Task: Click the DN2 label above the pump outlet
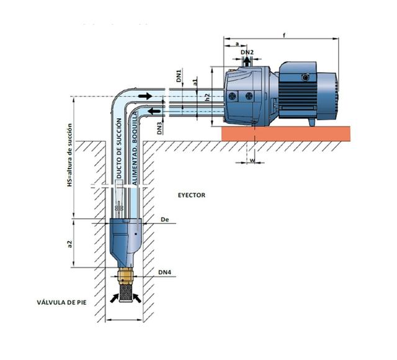point(247,53)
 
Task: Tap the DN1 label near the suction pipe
point(179,76)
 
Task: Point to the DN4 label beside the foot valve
point(165,273)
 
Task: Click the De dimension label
point(165,219)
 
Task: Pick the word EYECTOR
point(192,195)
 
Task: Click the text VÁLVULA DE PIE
point(61,302)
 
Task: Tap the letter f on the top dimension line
point(284,35)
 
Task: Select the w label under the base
point(252,160)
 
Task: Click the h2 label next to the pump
point(208,97)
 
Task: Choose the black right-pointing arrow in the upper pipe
point(145,96)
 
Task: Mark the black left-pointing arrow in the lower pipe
point(154,111)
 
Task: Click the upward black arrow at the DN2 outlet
point(247,61)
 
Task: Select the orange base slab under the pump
point(286,134)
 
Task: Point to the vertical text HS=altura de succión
point(69,156)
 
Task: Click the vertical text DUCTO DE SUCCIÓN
point(119,148)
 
